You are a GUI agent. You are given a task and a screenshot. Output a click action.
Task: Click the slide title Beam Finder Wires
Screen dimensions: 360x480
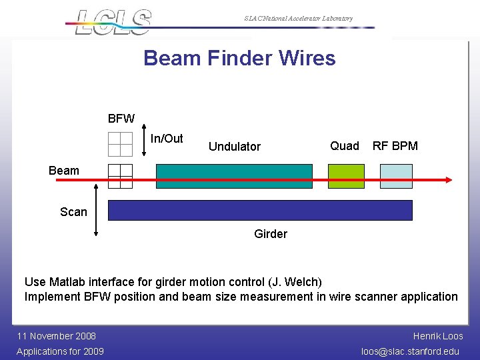pyautogui.click(x=239, y=58)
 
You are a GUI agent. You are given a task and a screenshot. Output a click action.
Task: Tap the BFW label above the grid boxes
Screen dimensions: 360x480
pyautogui.click(x=121, y=119)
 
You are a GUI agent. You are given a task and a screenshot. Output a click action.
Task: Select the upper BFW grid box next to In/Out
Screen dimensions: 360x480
pyautogui.click(x=121, y=143)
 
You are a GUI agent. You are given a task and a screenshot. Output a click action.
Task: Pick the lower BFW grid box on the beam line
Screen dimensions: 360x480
pyautogui.click(x=121, y=176)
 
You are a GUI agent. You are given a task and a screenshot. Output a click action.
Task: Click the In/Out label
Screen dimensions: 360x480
pyautogui.click(x=167, y=139)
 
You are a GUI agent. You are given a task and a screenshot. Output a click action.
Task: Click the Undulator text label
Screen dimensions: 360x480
pyautogui.click(x=235, y=147)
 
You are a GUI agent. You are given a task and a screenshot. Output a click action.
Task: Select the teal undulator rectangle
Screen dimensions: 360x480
pyautogui.click(x=233, y=176)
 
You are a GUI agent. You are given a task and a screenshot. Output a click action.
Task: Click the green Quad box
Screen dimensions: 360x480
pyautogui.click(x=346, y=176)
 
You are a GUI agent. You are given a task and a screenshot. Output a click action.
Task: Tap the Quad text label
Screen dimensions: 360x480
pyautogui.click(x=345, y=146)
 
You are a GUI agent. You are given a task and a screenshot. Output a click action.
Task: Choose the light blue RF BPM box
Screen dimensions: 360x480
pyautogui.click(x=396, y=176)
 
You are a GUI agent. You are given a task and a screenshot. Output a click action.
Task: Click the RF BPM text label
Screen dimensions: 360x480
pyautogui.click(x=395, y=146)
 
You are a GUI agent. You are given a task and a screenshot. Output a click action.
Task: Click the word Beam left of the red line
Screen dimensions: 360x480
pyautogui.click(x=64, y=171)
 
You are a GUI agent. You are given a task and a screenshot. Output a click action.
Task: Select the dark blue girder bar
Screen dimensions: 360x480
pyautogui.click(x=260, y=210)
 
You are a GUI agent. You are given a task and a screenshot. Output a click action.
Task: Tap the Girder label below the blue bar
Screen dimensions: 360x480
pyautogui.click(x=271, y=234)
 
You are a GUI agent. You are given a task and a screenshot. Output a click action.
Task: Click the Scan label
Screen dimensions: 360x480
pyautogui.click(x=73, y=212)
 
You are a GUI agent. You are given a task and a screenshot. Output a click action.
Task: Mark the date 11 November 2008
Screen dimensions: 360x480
pyautogui.click(x=57, y=336)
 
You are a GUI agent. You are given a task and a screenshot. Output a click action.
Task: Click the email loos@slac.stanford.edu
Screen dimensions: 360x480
pyautogui.click(x=410, y=351)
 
